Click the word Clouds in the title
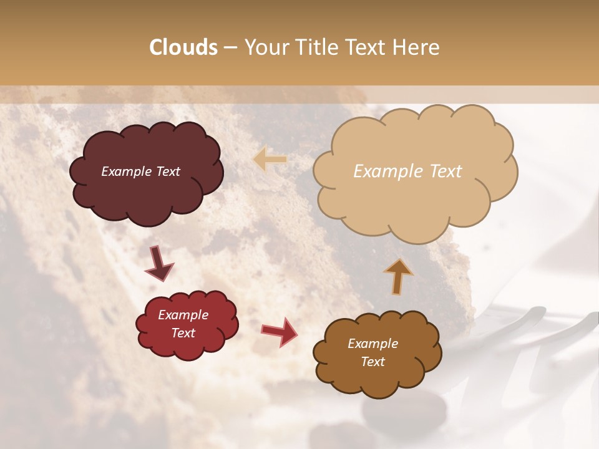point(183,47)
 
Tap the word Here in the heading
point(416,47)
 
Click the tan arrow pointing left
point(270,160)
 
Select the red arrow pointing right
point(280,331)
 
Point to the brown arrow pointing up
point(398,276)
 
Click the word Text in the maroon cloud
point(167,171)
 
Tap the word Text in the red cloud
point(183,333)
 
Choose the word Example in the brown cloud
point(373,344)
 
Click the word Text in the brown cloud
point(373,362)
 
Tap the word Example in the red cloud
point(183,315)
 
